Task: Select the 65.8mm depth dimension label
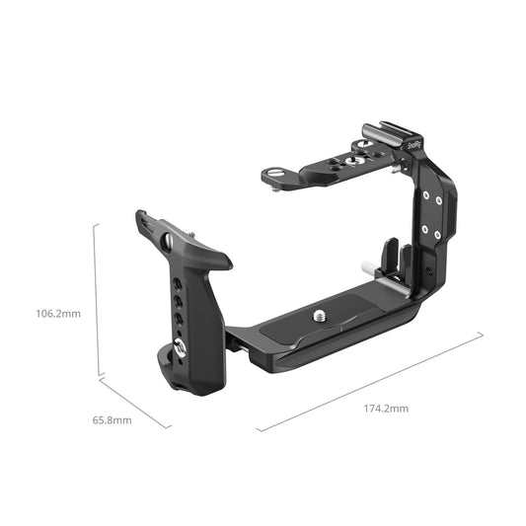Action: (x=113, y=419)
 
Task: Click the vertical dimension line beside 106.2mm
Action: (x=96, y=300)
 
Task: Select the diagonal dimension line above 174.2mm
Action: (x=370, y=381)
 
